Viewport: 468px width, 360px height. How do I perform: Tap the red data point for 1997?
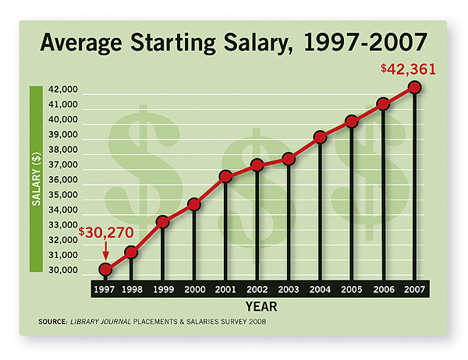coord(105,270)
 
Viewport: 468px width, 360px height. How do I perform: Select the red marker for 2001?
coord(226,177)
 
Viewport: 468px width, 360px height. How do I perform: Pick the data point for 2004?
coord(320,137)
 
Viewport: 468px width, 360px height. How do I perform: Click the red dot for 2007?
coord(415,87)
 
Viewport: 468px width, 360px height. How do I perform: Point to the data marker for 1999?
coord(163,222)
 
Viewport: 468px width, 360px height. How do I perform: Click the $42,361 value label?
coord(408,69)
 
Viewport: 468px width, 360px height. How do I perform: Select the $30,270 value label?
coord(107,232)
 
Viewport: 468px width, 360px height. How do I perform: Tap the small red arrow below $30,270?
coord(105,249)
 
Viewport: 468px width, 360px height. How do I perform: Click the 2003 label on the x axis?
coord(289,288)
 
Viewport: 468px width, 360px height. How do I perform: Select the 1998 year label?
coord(133,288)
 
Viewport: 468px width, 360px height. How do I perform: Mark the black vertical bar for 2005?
coord(352,203)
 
